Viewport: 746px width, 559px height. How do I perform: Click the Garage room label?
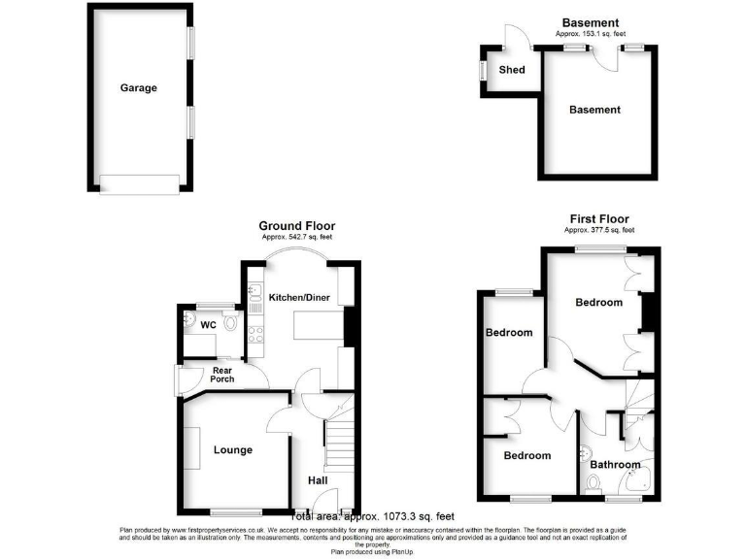(x=138, y=87)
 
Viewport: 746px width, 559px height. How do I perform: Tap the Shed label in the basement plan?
(x=511, y=70)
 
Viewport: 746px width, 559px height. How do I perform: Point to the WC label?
(x=208, y=324)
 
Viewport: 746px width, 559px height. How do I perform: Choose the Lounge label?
(x=233, y=449)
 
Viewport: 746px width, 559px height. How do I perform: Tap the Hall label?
(x=318, y=480)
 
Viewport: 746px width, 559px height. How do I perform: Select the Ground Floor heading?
(x=296, y=226)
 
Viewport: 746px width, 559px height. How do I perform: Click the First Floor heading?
(x=598, y=219)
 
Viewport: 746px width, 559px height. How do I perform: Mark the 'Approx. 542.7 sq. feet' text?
(x=296, y=238)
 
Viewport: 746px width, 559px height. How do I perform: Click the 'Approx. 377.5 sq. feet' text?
(x=599, y=231)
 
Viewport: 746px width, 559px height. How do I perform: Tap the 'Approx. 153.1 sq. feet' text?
(x=592, y=34)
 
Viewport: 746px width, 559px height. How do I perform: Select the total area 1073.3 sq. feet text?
(x=372, y=517)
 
